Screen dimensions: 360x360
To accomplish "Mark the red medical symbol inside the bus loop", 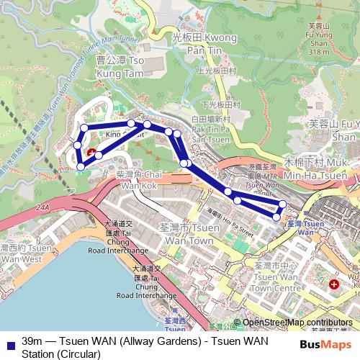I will pyautogui.click(x=91, y=153).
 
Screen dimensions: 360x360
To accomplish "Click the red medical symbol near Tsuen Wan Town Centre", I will pyautogui.click(x=333, y=285).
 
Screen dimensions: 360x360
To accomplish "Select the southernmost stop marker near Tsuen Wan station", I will pyautogui.click(x=276, y=217).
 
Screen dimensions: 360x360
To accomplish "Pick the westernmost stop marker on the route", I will pyautogui.click(x=76, y=145).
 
